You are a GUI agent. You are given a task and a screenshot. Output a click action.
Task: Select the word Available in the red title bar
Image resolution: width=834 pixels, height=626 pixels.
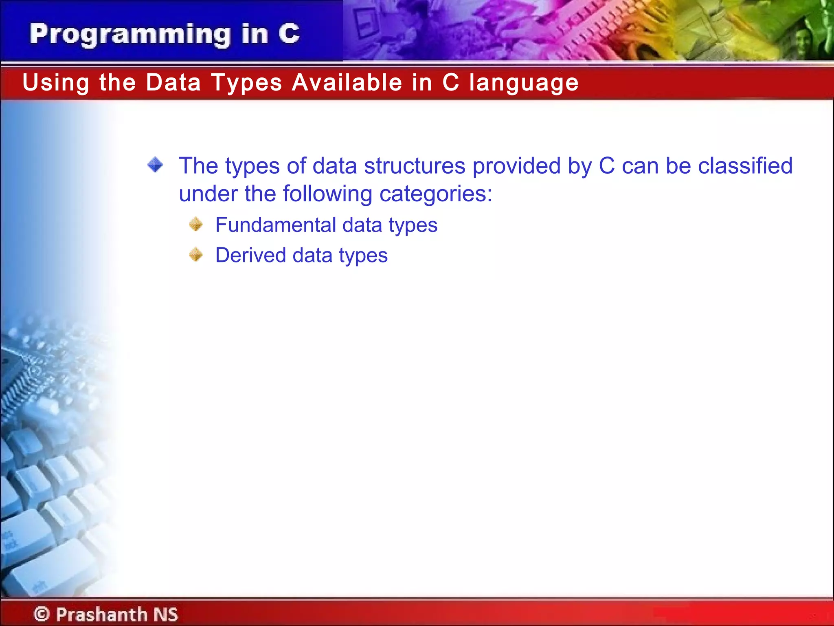(x=347, y=82)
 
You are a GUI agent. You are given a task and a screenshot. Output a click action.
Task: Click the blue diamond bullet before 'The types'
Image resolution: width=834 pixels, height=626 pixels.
(x=155, y=165)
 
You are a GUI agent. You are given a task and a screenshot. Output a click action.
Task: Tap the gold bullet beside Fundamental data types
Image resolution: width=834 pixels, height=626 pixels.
(x=196, y=224)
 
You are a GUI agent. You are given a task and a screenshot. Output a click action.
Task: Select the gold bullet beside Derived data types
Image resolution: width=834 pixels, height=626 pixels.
(x=196, y=255)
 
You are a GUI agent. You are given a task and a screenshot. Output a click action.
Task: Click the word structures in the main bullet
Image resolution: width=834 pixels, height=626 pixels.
(x=414, y=166)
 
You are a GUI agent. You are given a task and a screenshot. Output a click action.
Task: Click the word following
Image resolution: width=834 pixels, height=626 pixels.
(x=327, y=194)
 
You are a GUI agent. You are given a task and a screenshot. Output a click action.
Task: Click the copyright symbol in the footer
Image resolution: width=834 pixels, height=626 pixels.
(x=42, y=614)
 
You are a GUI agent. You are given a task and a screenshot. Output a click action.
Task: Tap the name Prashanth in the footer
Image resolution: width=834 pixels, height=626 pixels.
(x=101, y=614)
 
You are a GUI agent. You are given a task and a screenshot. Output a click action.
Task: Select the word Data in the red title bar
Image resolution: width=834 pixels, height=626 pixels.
(x=173, y=82)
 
